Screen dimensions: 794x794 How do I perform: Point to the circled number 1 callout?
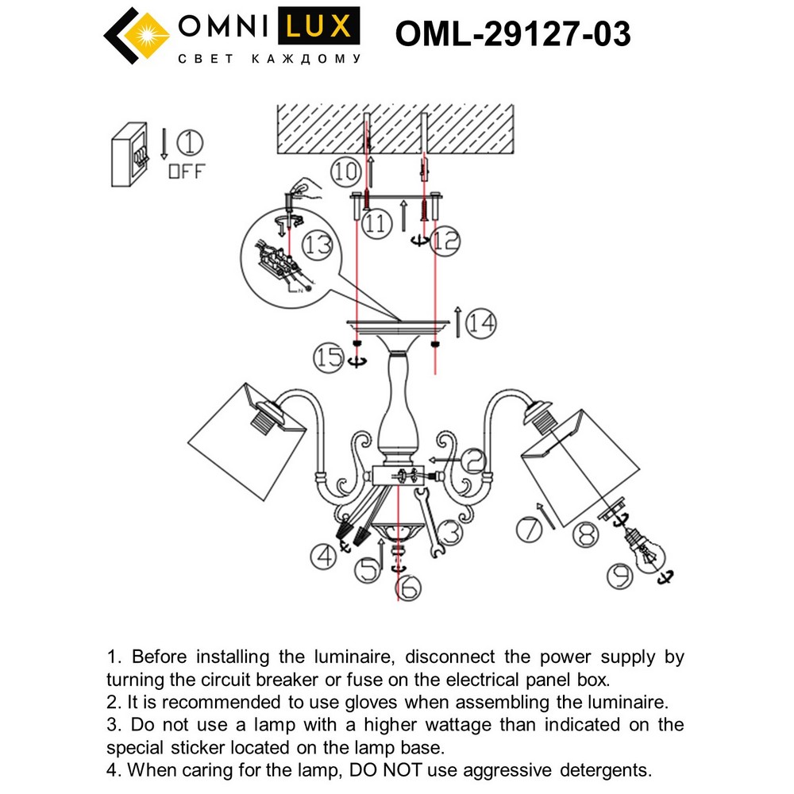[x=189, y=144]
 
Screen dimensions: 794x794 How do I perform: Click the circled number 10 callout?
[x=346, y=171]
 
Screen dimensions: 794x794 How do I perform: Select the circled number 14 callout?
[x=481, y=323]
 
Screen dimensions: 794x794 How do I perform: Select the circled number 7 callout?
[x=530, y=528]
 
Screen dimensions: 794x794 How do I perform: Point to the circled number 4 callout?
[x=323, y=557]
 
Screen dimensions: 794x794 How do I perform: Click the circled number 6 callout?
[x=407, y=588]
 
